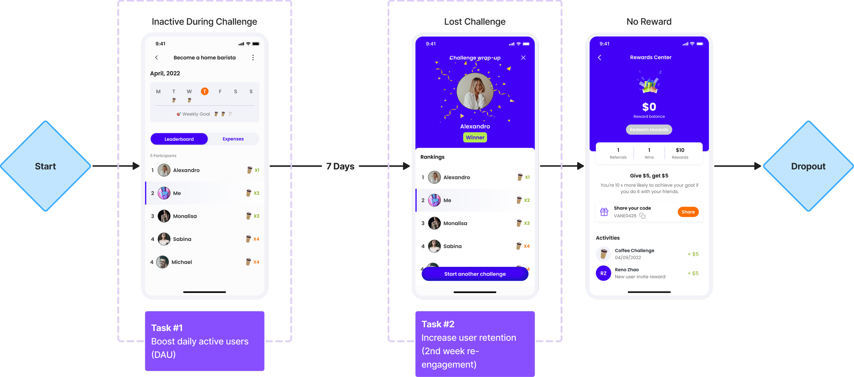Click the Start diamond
[45, 166]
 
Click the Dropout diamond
[808, 166]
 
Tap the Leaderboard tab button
[179, 139]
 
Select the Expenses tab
[233, 139]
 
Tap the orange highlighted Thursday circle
[205, 91]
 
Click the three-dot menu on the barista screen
[253, 58]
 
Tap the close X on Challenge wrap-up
[523, 58]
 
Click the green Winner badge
[475, 137]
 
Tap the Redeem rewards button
[649, 130]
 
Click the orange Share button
[688, 212]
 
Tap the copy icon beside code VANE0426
[643, 216]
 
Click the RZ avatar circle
[603, 273]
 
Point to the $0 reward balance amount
[649, 107]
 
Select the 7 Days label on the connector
[340, 166]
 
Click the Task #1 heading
[167, 328]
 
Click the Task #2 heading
[438, 324]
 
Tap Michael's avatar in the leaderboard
[163, 262]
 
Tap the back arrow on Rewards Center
[600, 58]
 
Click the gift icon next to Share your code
[604, 212]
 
